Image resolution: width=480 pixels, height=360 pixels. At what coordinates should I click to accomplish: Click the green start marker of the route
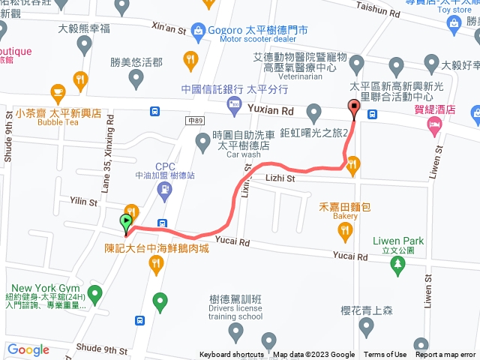[125, 221]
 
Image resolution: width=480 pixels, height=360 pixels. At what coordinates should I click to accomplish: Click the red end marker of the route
[354, 109]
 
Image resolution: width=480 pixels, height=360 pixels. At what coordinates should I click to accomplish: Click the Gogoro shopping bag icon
[198, 30]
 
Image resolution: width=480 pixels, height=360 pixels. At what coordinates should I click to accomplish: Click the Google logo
[28, 349]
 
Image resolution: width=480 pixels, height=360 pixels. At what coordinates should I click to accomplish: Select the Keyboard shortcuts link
[232, 355]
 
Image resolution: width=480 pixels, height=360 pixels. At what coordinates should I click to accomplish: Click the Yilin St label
[83, 202]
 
